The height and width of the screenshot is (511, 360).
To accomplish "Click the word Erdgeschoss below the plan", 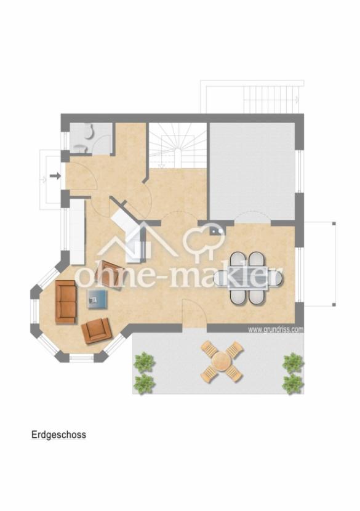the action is [x=58, y=435].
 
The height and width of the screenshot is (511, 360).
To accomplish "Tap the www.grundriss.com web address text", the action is [x=276, y=329].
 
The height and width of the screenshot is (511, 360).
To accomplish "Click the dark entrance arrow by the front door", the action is [x=55, y=176].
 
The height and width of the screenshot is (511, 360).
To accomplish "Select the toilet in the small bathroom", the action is [x=89, y=131].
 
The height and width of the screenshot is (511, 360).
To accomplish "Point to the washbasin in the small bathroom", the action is [x=80, y=148].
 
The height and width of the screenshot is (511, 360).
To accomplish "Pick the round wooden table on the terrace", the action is [x=221, y=361].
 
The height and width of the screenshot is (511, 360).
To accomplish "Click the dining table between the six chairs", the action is [x=248, y=278].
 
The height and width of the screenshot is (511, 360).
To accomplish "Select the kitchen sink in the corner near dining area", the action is [x=217, y=230].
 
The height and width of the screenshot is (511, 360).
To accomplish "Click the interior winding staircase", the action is [x=178, y=145].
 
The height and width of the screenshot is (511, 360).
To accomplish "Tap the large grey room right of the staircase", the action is [x=252, y=171].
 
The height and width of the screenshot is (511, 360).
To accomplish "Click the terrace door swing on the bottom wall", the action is [x=194, y=312].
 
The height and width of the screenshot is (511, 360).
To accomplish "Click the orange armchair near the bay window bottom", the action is [x=97, y=331].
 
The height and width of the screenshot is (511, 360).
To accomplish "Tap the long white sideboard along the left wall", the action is [x=78, y=232].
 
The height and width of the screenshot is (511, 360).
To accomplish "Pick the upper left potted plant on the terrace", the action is [x=145, y=361].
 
